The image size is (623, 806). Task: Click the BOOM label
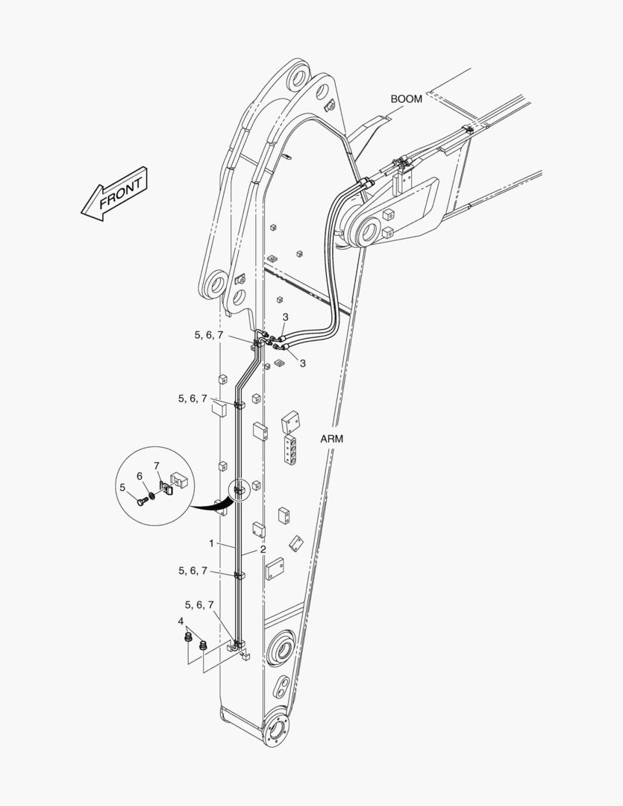[406, 99]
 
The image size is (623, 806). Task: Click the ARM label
[331, 439]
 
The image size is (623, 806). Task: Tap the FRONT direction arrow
[115, 194]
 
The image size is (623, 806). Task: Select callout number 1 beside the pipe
[210, 543]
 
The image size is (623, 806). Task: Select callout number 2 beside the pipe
[263, 549]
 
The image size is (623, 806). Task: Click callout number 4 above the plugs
[181, 622]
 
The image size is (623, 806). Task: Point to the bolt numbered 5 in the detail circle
[142, 502]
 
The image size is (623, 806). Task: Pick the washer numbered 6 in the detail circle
[152, 496]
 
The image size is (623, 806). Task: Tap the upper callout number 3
[285, 317]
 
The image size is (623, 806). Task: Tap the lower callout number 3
[303, 363]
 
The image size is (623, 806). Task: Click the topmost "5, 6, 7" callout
[209, 335]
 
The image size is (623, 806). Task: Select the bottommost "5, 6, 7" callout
[199, 605]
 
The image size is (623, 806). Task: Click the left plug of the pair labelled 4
[188, 637]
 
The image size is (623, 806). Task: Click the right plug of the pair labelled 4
[203, 645]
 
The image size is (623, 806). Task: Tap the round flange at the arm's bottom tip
[275, 728]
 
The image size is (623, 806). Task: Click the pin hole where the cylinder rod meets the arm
[368, 231]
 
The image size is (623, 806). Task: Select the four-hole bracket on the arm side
[290, 450]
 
